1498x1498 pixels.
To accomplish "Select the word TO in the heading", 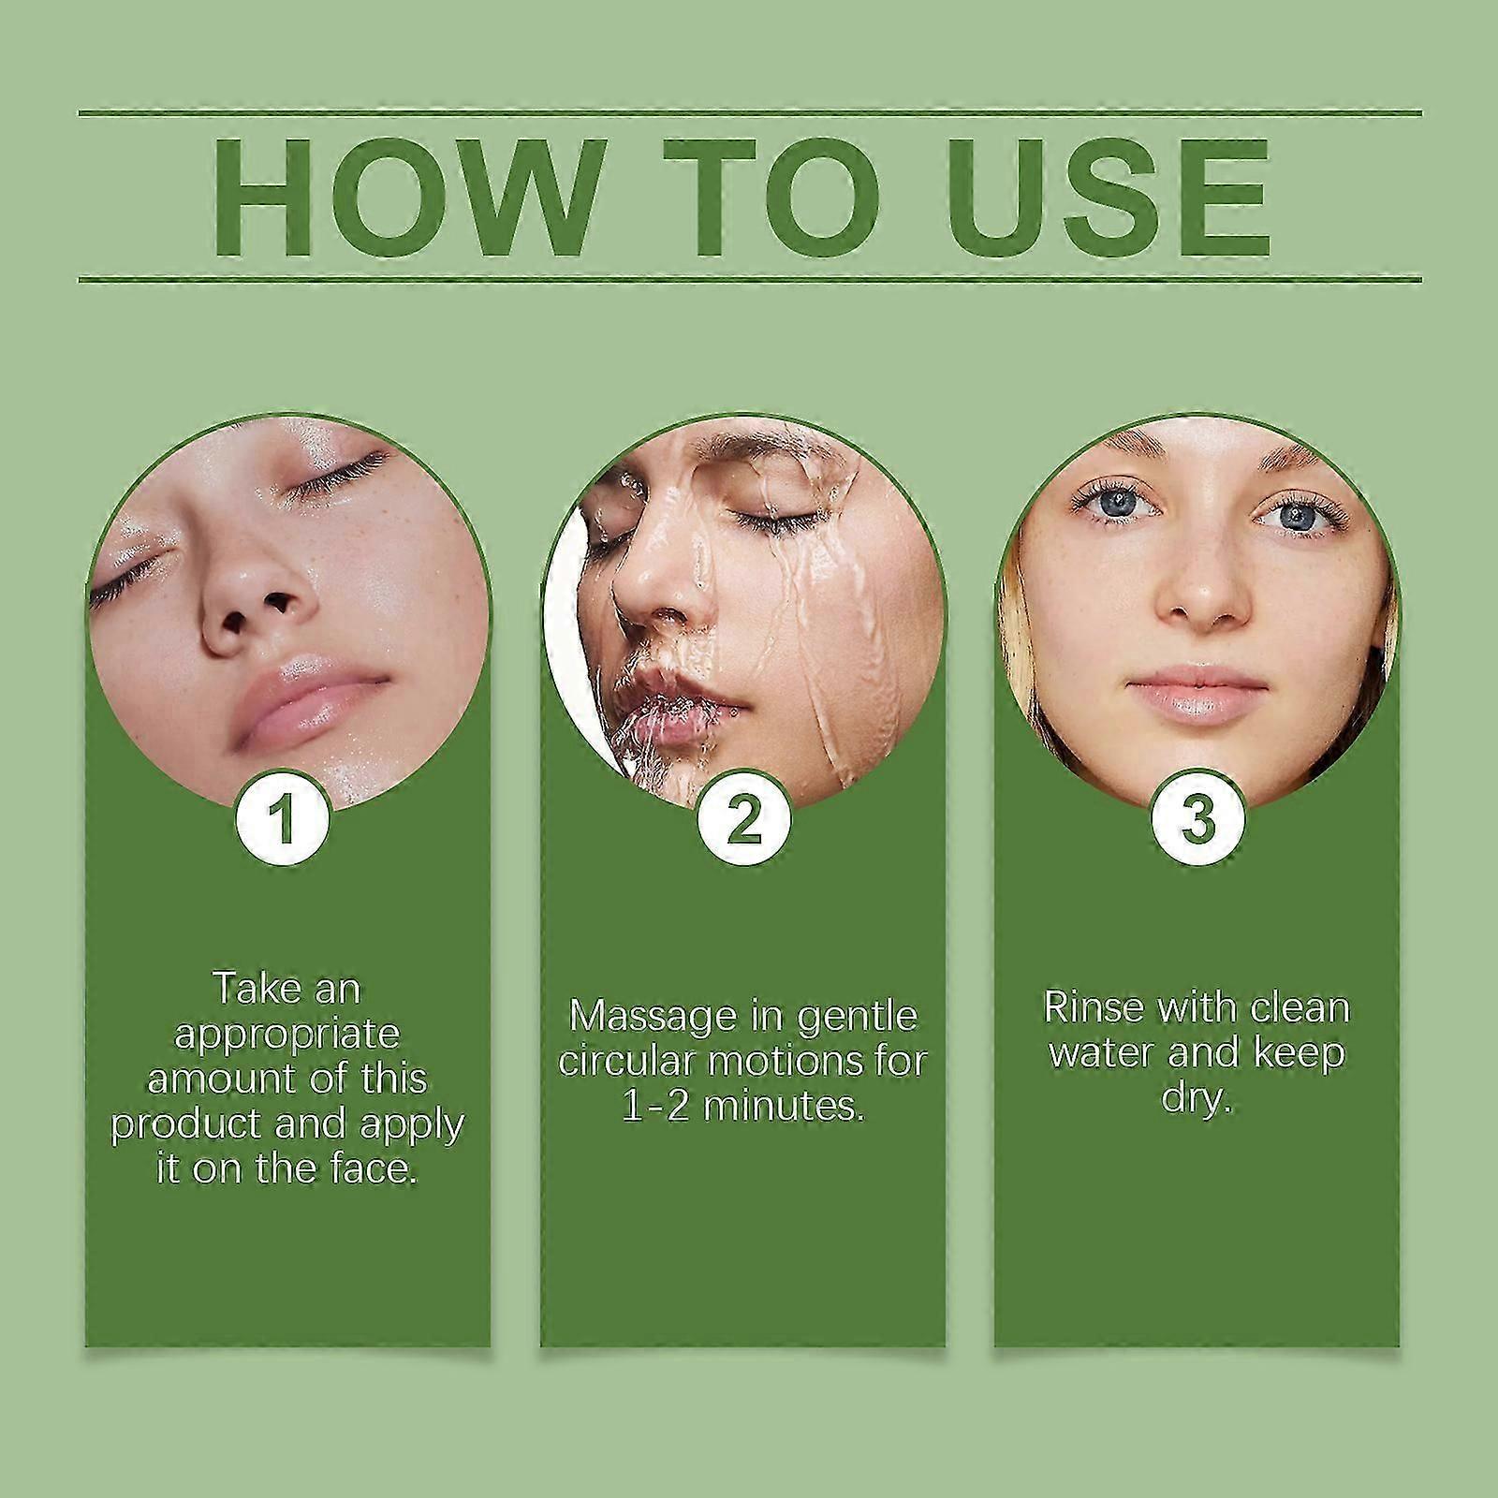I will coord(771,198).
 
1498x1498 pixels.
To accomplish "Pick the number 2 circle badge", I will coord(743,819).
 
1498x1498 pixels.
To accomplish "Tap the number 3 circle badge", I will coord(1197,819).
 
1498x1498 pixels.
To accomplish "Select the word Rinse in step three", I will coord(1093,1008).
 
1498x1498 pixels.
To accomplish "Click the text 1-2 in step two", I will coord(655,1106).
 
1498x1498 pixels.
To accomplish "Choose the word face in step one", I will coord(372,1168).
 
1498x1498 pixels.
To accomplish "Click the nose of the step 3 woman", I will coord(1201,599).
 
